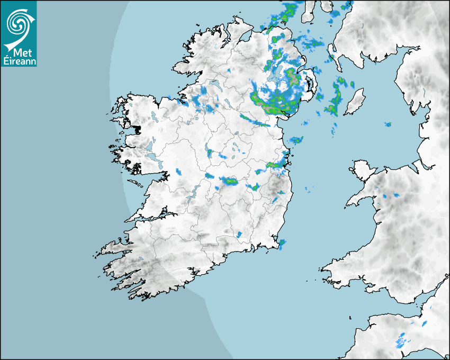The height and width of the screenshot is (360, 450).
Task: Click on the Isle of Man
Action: point(354,102)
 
